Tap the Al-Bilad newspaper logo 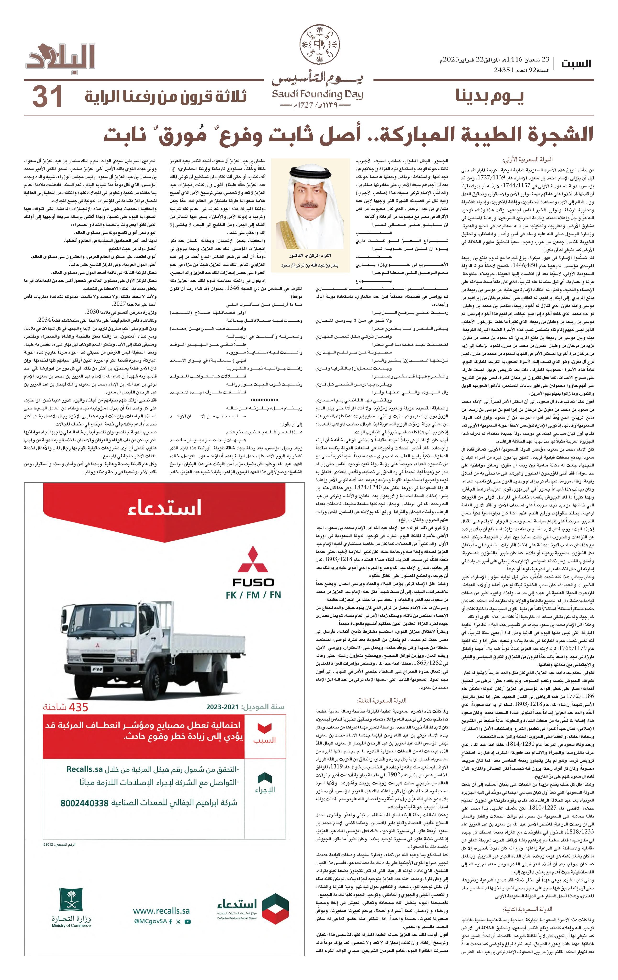[x=61, y=59]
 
